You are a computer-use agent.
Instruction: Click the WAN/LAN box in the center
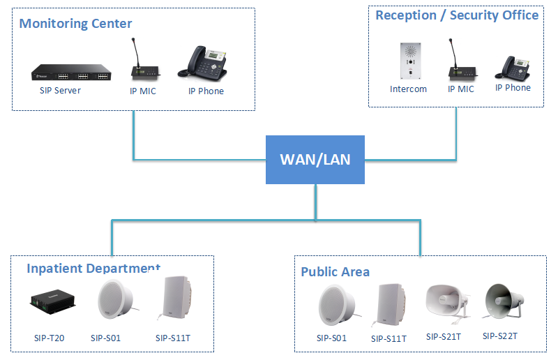pyautogui.click(x=315, y=159)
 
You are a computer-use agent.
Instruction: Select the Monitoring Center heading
pyautogui.click(x=75, y=24)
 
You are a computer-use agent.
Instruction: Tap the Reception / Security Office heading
pyautogui.click(x=457, y=15)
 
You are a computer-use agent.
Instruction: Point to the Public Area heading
pyautogui.click(x=335, y=271)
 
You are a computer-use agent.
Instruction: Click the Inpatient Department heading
pyautogui.click(x=93, y=269)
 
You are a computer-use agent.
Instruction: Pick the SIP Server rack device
pyautogui.click(x=70, y=73)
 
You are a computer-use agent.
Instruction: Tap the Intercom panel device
pyautogui.click(x=408, y=62)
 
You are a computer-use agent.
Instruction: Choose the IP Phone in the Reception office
pyautogui.click(x=513, y=68)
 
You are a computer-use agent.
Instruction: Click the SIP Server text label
pyautogui.click(x=60, y=91)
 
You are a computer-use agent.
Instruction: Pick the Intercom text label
pyautogui.click(x=408, y=89)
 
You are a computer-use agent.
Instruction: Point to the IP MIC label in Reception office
pyautogui.click(x=460, y=89)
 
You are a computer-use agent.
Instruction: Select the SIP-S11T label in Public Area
pyautogui.click(x=389, y=339)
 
